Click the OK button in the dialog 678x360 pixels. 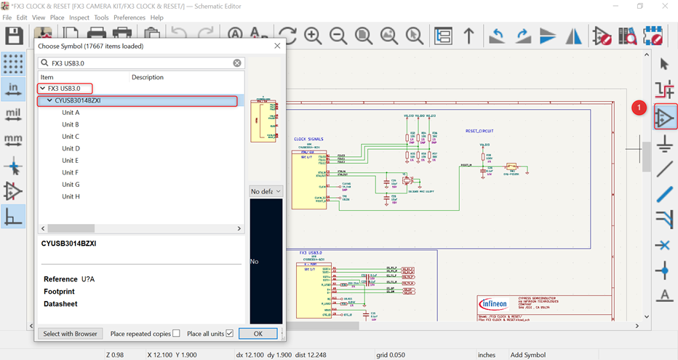point(258,333)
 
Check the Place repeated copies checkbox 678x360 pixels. point(176,333)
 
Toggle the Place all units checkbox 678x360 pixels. point(229,333)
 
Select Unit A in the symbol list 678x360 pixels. point(71,113)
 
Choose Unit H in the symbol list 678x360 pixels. point(71,196)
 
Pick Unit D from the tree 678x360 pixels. point(71,148)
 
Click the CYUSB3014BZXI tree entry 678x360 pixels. point(77,101)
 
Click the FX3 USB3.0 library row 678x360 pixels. point(64,89)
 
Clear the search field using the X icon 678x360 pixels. point(237,63)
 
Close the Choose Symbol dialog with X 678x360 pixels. point(277,46)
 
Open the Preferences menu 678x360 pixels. point(129,17)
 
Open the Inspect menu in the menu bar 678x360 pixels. point(79,17)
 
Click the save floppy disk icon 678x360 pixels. point(14,36)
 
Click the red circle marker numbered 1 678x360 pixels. point(639,108)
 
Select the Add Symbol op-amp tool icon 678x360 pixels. point(664,117)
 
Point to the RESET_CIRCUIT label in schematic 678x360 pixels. point(479,131)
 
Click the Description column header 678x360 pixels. point(148,77)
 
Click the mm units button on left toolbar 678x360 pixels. point(13,139)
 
